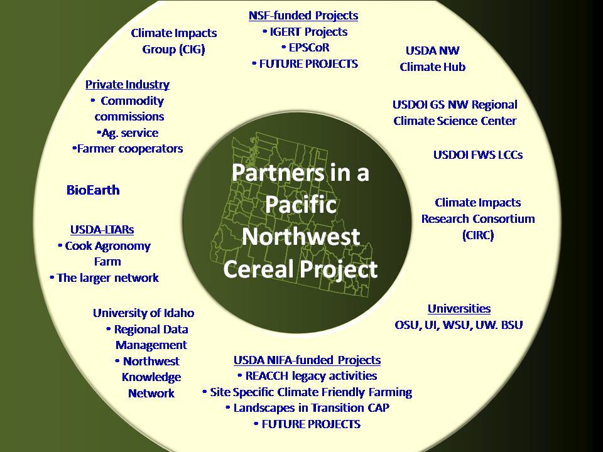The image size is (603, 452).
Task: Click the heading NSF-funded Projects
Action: click(303, 16)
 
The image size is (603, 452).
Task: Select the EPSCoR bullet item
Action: click(306, 48)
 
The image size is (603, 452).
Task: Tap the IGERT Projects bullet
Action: click(305, 31)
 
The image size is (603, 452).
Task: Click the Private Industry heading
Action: click(128, 85)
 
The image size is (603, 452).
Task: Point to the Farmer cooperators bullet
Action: click(128, 149)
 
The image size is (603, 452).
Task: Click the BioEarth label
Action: click(93, 190)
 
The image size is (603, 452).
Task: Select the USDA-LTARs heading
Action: click(102, 230)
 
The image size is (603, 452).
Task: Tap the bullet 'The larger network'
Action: click(104, 278)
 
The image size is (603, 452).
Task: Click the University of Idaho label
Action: click(143, 313)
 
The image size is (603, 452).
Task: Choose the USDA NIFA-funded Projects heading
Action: click(307, 360)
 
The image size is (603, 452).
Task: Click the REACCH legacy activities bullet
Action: click(307, 376)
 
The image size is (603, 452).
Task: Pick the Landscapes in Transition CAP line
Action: click(307, 408)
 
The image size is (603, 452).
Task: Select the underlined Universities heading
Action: click(459, 309)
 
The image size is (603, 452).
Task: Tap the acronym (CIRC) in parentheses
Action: click(478, 235)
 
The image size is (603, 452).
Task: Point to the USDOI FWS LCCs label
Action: click(478, 155)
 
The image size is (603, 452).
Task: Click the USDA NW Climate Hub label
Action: click(433, 59)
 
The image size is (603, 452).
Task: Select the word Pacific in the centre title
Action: click(301, 204)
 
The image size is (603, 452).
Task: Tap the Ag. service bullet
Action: click(128, 133)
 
